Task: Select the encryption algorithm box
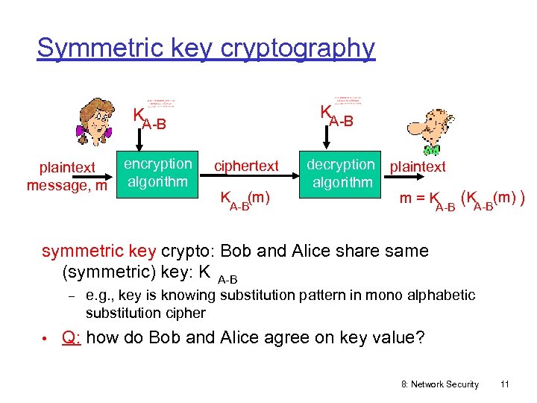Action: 157,173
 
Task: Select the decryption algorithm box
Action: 342,173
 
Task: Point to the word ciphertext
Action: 247,166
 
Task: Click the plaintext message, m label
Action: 66,176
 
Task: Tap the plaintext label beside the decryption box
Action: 418,166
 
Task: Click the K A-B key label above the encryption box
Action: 149,119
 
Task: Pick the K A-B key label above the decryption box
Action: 336,115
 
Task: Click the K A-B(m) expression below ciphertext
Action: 244,199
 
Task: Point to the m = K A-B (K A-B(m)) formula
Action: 462,199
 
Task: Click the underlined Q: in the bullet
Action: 72,337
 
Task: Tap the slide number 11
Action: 505,384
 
